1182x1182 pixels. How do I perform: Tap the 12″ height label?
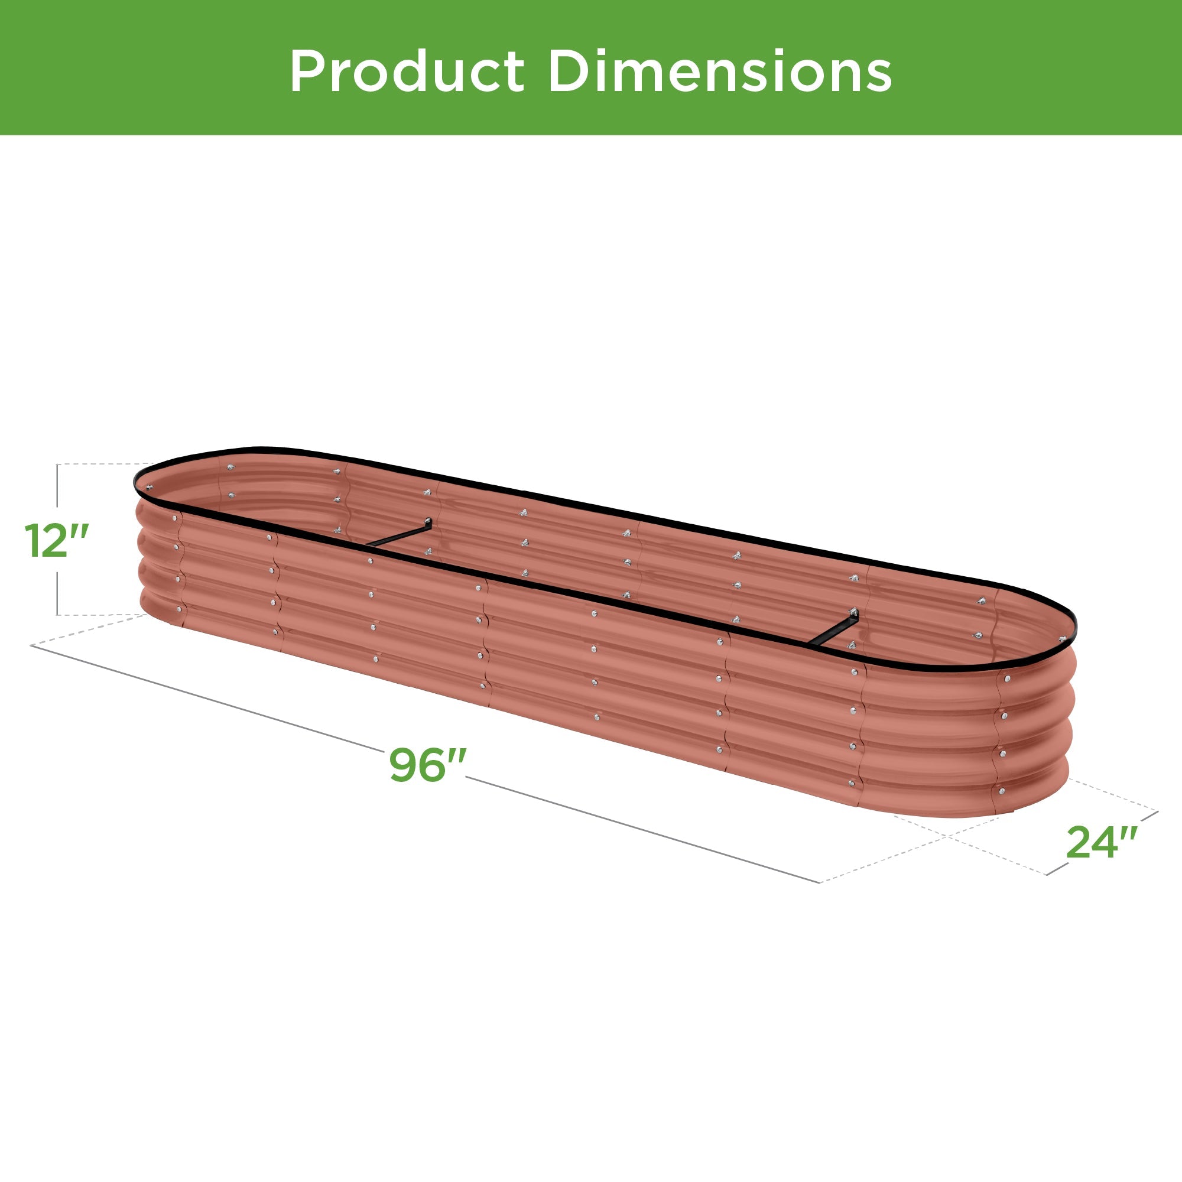57,541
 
